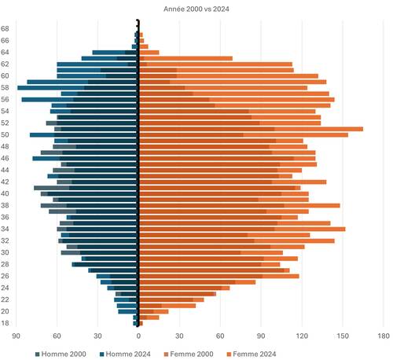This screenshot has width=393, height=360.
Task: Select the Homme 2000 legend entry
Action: point(58,353)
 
